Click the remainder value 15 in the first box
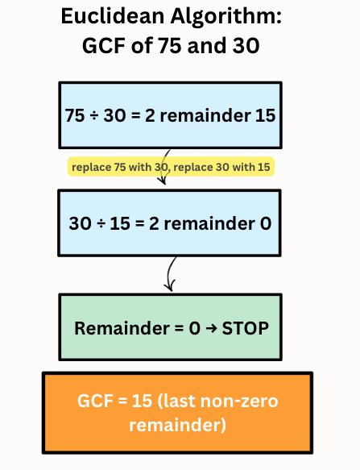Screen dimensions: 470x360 coord(264,115)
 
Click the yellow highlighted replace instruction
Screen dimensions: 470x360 coord(170,167)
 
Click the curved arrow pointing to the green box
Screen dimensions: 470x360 coord(170,274)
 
